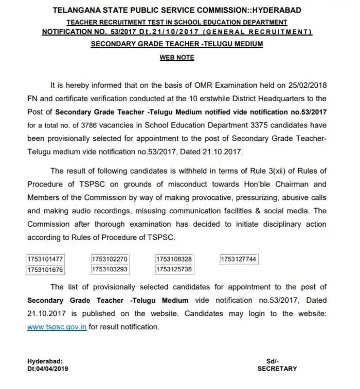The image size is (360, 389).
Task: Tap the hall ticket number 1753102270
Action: (109, 260)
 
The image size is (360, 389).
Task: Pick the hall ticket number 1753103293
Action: (109, 269)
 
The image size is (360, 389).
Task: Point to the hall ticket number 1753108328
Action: (174, 260)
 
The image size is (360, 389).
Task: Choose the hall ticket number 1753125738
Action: (174, 269)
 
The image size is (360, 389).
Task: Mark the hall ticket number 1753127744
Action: (238, 260)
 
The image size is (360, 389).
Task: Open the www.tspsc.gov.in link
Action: (57, 327)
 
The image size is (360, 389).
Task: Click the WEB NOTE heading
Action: (177, 58)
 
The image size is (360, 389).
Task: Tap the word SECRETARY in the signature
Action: (277, 368)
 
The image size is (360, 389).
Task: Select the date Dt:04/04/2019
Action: (48, 368)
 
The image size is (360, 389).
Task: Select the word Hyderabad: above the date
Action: (44, 361)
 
